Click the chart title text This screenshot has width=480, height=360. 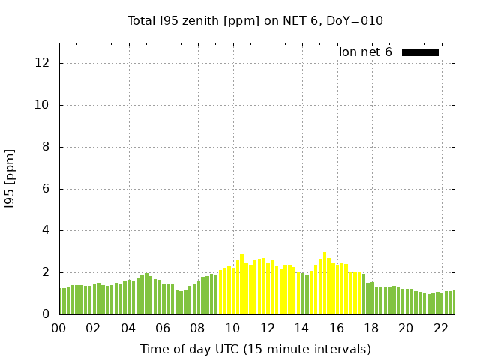coord(255,21)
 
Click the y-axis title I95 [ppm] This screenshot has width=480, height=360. coord(10,178)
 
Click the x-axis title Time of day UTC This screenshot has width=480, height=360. coord(255,349)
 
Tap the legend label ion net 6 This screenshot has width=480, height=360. coord(365,52)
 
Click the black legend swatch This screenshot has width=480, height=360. coord(420,52)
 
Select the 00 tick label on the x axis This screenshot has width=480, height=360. coord(58,328)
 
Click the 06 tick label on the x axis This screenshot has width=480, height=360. coord(163,328)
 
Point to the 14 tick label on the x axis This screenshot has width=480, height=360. coord(301,328)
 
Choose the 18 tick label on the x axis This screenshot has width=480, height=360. coord(370,328)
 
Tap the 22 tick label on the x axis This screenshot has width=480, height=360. coord(440,328)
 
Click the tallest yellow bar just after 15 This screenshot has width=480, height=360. coord(325,283)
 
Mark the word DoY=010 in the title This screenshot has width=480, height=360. coord(358,21)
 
